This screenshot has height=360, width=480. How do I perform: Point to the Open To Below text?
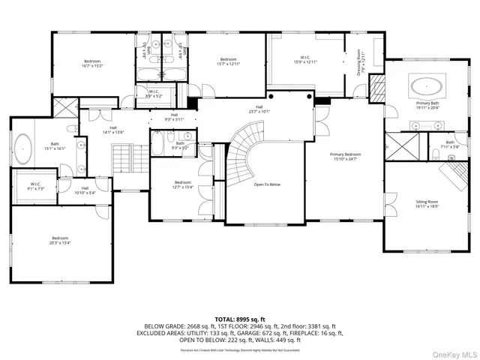click(x=267, y=184)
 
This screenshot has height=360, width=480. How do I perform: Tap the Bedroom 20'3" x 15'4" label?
click(x=43, y=240)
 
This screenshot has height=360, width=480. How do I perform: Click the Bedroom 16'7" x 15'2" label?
click(x=92, y=63)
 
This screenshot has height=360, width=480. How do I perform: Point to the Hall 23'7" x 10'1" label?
click(x=259, y=109)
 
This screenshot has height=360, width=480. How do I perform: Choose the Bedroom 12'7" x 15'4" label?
click(x=183, y=184)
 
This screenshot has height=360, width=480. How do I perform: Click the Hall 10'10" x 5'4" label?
click(x=85, y=190)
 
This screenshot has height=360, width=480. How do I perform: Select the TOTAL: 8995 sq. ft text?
click(x=240, y=319)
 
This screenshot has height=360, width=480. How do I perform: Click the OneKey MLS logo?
click(x=454, y=349)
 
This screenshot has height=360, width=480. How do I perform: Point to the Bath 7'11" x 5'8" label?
click(x=450, y=144)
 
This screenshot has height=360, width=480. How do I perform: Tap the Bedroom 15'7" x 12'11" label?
click(x=228, y=61)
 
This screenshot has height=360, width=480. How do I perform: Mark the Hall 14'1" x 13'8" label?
click(x=112, y=130)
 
